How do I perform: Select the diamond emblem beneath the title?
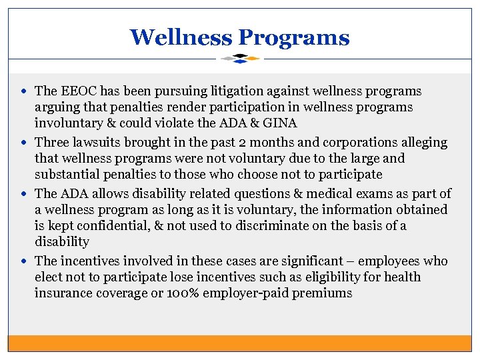[240, 59]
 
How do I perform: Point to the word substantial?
[69, 175]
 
